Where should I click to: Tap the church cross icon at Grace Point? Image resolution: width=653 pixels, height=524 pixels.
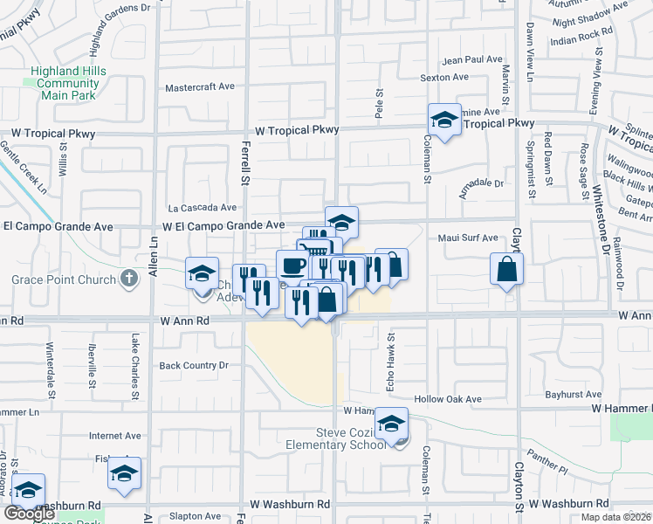(x=128, y=279)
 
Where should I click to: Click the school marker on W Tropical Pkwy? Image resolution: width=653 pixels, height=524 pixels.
(x=444, y=121)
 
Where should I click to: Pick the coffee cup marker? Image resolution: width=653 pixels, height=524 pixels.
(x=292, y=264)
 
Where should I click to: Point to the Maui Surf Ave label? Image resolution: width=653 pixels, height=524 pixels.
(x=467, y=238)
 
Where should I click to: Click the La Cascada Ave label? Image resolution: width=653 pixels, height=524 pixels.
(x=203, y=208)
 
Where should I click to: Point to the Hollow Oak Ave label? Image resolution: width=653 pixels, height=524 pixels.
(x=448, y=399)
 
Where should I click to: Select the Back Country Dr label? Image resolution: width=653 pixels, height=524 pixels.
(x=193, y=365)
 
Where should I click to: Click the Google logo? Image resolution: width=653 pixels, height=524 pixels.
(x=29, y=514)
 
